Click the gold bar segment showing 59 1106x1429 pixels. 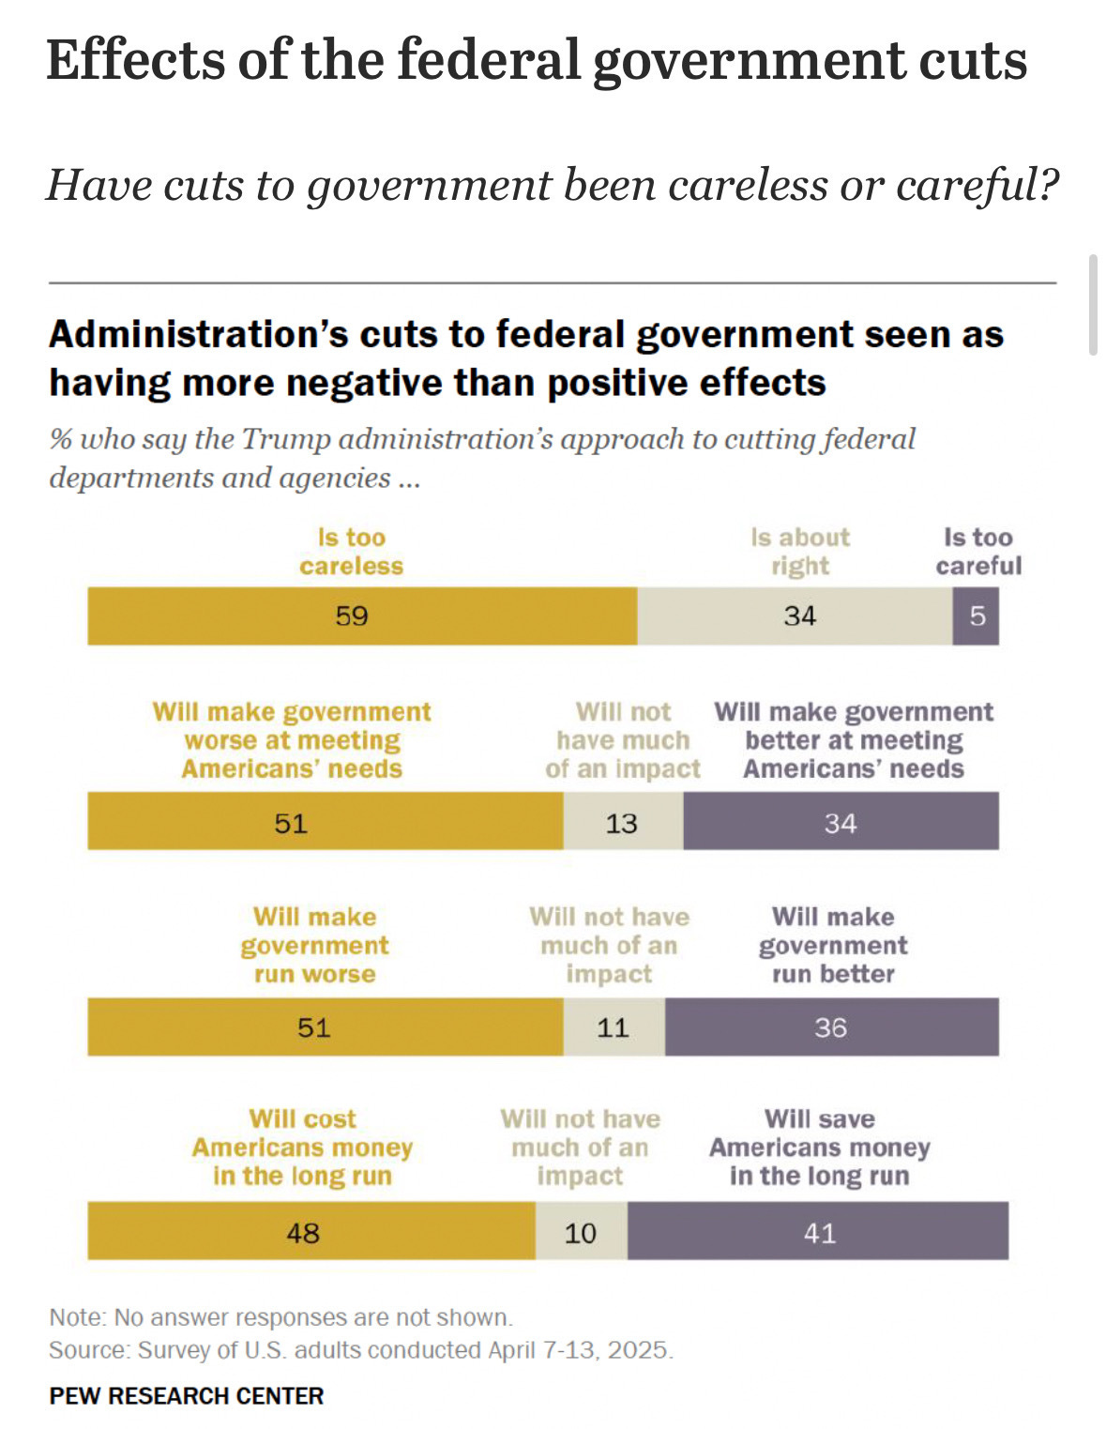pos(362,616)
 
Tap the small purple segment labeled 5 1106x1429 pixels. pos(977,616)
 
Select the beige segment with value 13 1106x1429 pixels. pos(623,822)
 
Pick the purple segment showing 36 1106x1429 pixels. pos(831,1027)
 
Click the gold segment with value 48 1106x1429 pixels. pos(311,1231)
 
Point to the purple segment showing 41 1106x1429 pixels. pos(818,1231)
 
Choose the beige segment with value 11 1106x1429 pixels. pos(614,1027)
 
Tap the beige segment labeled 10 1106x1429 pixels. pos(581,1231)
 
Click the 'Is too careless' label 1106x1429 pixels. pos(352,552)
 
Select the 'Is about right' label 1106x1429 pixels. pos(800,552)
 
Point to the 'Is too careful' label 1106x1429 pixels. pos(978,552)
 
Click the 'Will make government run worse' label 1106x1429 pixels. pos(314,945)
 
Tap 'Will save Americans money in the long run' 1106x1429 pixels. pos(819,1148)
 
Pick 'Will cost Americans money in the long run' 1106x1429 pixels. pos(302,1148)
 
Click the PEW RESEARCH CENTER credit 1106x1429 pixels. pos(187,1396)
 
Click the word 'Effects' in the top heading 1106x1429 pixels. pos(134,60)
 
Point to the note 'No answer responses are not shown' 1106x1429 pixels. pos(312,1317)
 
